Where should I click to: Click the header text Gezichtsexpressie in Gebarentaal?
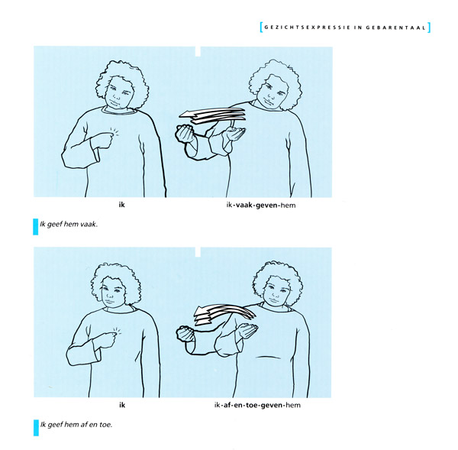(x=345, y=28)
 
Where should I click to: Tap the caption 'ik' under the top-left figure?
(x=122, y=205)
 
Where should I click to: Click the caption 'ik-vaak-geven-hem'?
(x=261, y=205)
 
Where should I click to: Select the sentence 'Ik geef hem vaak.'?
(x=69, y=225)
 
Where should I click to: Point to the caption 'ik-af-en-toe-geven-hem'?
(x=257, y=405)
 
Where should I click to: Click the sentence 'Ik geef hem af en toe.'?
(x=76, y=424)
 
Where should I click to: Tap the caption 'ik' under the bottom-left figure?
(x=122, y=405)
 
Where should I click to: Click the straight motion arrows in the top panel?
(x=212, y=115)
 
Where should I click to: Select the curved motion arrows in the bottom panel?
(x=224, y=314)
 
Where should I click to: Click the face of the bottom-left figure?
(x=114, y=292)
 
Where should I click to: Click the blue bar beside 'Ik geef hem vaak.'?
(x=36, y=227)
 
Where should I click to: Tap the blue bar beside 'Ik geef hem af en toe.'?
(x=36, y=428)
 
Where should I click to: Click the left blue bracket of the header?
(x=261, y=28)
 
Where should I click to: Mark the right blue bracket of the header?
(x=429, y=28)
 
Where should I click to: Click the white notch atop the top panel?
(x=198, y=51)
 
